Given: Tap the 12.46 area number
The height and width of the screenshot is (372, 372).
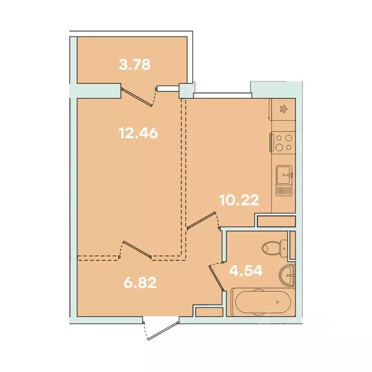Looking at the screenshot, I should pos(139,133).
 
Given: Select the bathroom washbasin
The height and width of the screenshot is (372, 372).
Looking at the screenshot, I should pos(288,275).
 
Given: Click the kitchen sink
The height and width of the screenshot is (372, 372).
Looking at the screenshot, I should pos(284,173).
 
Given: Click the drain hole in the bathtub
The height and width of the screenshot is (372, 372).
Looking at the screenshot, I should pos(277,302).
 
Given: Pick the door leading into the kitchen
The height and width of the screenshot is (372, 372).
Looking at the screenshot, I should pos(201,221).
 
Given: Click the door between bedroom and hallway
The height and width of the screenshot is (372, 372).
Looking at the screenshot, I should pos(138,249).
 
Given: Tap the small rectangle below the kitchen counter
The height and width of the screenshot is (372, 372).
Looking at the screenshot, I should pos(276,221).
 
